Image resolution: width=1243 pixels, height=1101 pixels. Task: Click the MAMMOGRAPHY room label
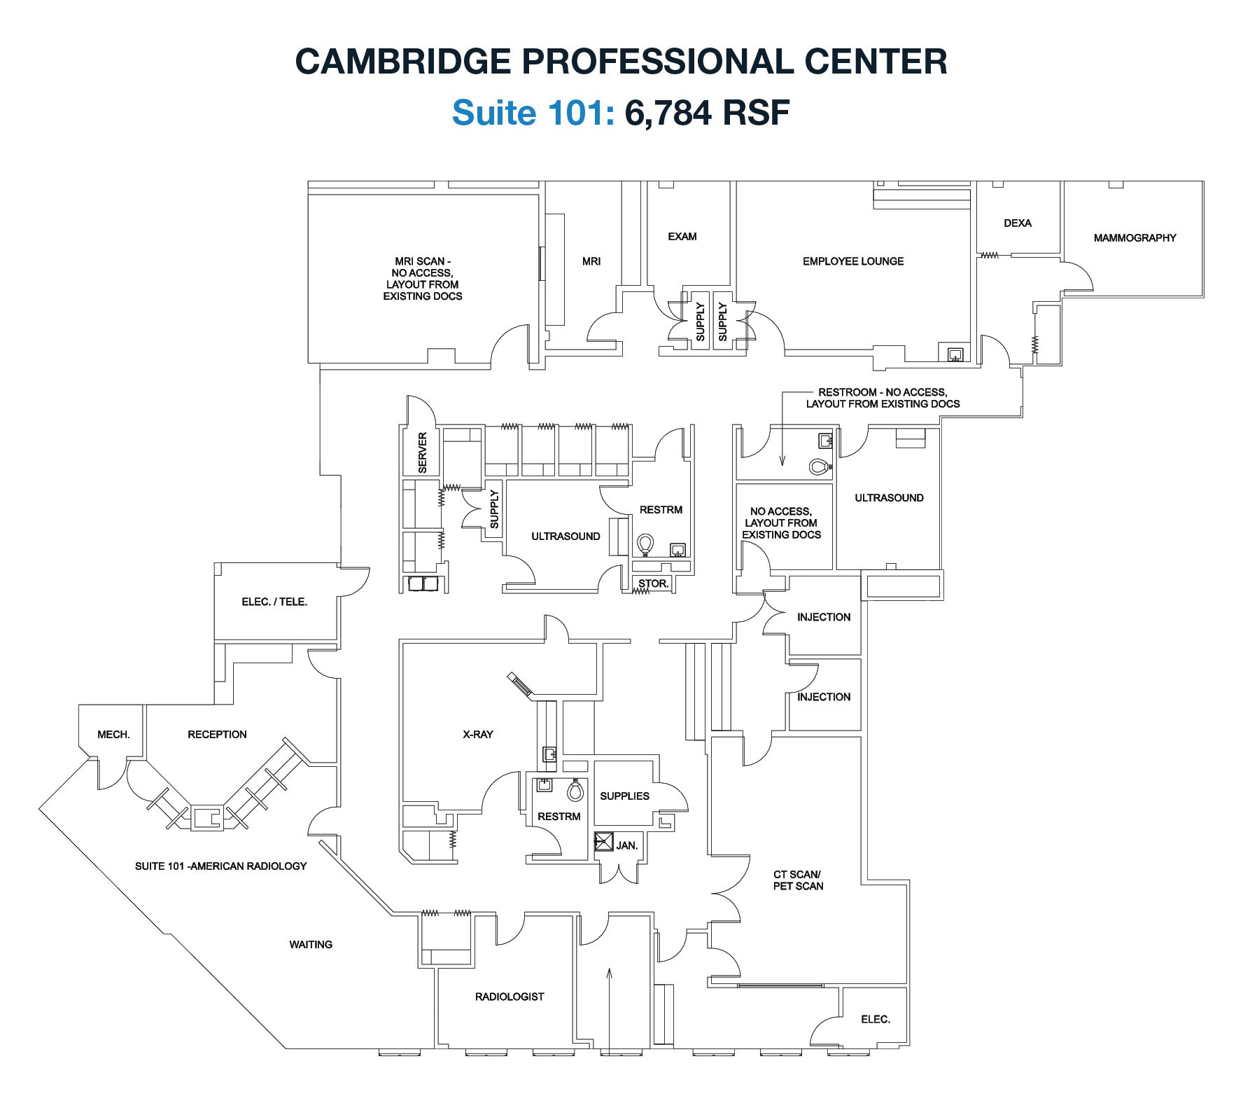[x=1135, y=238]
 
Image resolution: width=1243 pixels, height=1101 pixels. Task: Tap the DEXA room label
[x=1017, y=223]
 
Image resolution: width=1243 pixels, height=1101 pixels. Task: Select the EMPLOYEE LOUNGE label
[x=852, y=261]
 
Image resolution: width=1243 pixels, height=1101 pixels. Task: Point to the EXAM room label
[x=682, y=237]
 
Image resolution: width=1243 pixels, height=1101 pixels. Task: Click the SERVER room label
[x=422, y=452]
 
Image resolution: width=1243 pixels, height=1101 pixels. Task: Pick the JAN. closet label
[x=626, y=845]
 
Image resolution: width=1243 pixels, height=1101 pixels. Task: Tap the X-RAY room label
[x=477, y=735]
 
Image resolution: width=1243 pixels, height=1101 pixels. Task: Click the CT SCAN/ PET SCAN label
[x=798, y=880]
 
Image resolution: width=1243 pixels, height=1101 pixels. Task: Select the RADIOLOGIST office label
[x=509, y=997]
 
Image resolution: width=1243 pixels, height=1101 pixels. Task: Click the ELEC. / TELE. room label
[x=274, y=602]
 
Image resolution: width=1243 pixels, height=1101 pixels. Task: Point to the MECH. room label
[x=113, y=735]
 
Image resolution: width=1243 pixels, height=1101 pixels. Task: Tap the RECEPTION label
[x=217, y=735]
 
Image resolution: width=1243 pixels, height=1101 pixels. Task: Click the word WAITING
[x=311, y=945]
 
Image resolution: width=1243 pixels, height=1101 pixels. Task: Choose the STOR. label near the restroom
[x=654, y=583]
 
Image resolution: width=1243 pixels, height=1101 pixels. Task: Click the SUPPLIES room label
[x=624, y=796]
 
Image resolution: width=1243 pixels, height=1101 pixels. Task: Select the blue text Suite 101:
[x=533, y=112]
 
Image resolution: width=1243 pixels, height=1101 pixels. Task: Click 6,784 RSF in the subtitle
[x=707, y=112]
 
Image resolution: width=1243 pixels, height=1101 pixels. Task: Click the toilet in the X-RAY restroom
[x=575, y=791]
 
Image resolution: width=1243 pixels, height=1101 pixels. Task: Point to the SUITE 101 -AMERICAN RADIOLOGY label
[x=220, y=866]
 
